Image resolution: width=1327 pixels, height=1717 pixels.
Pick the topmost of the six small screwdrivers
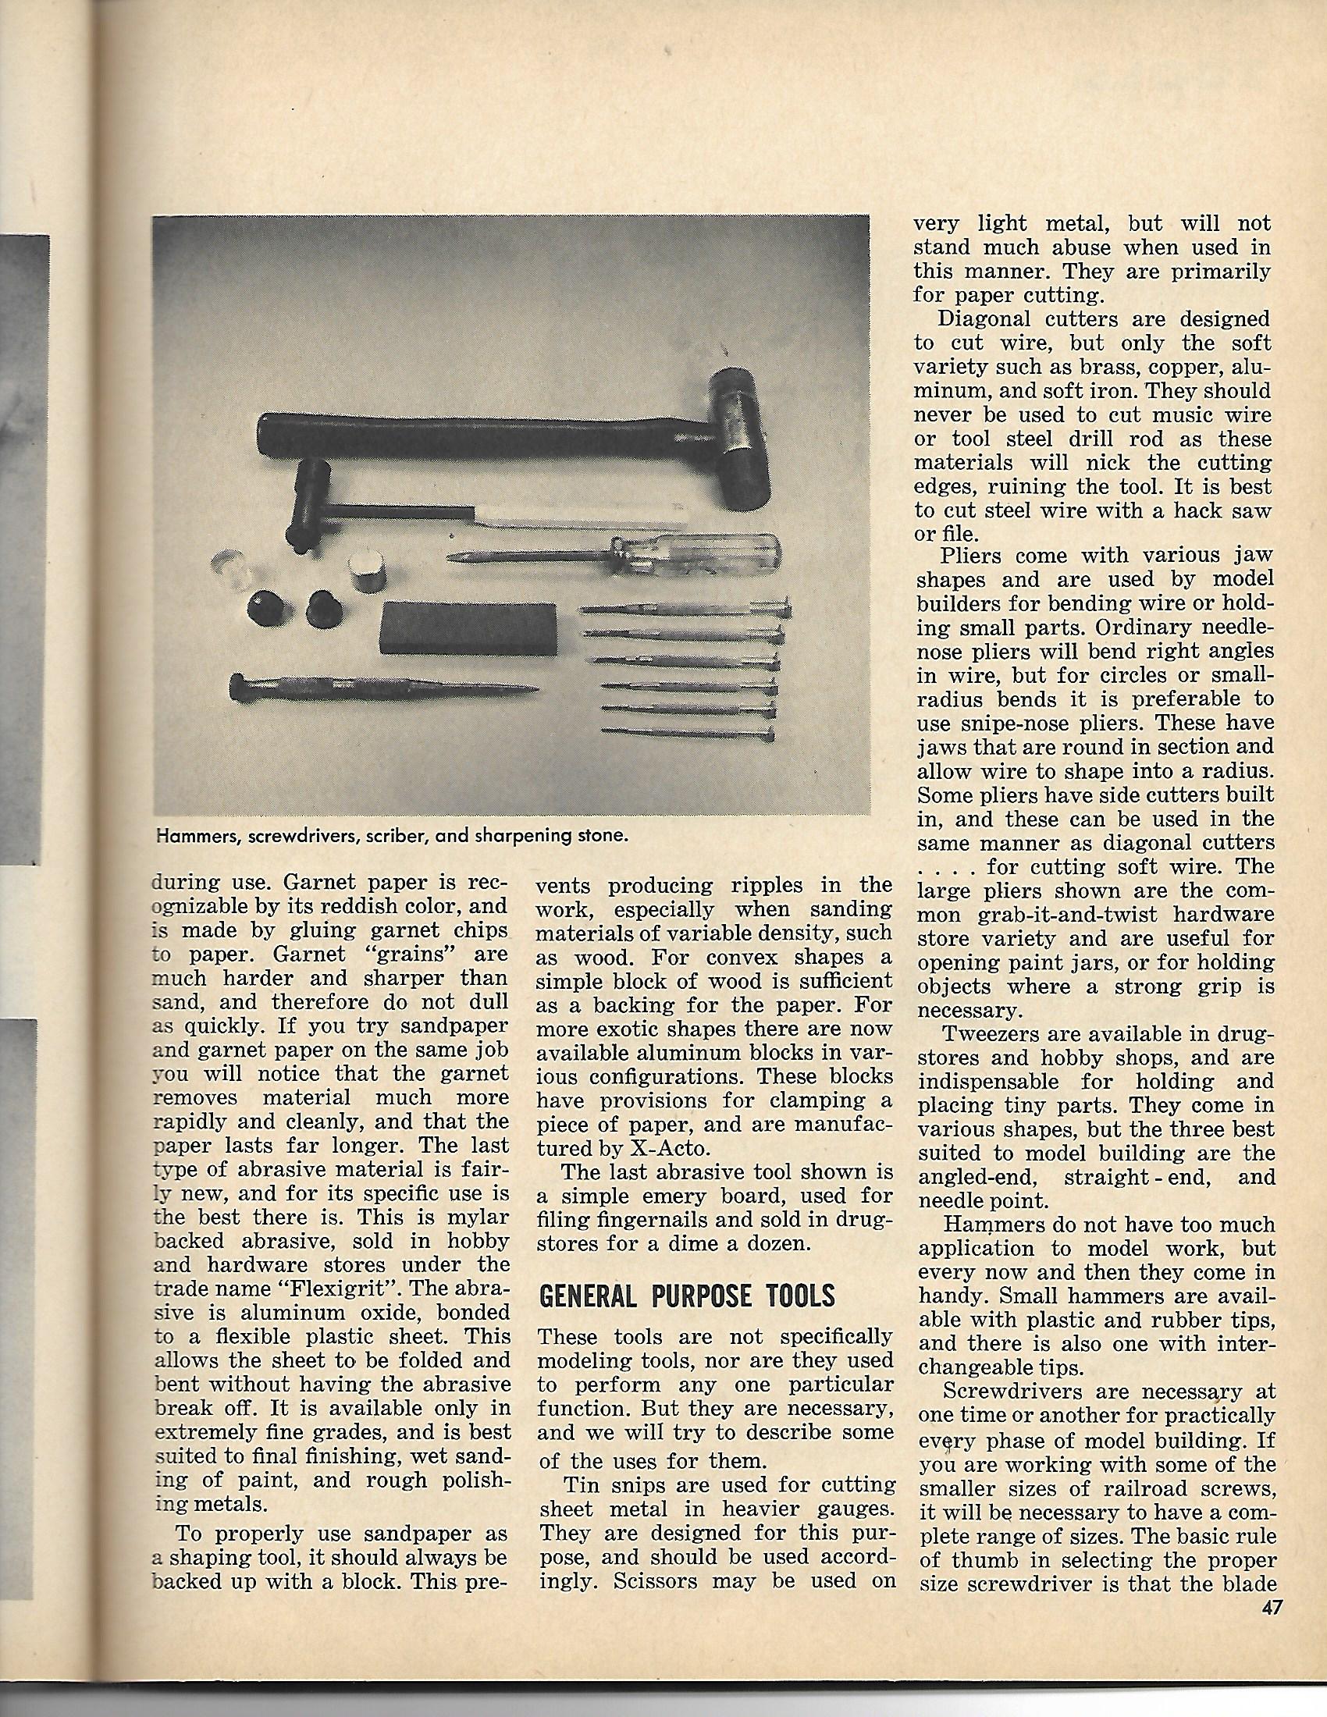(x=684, y=608)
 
